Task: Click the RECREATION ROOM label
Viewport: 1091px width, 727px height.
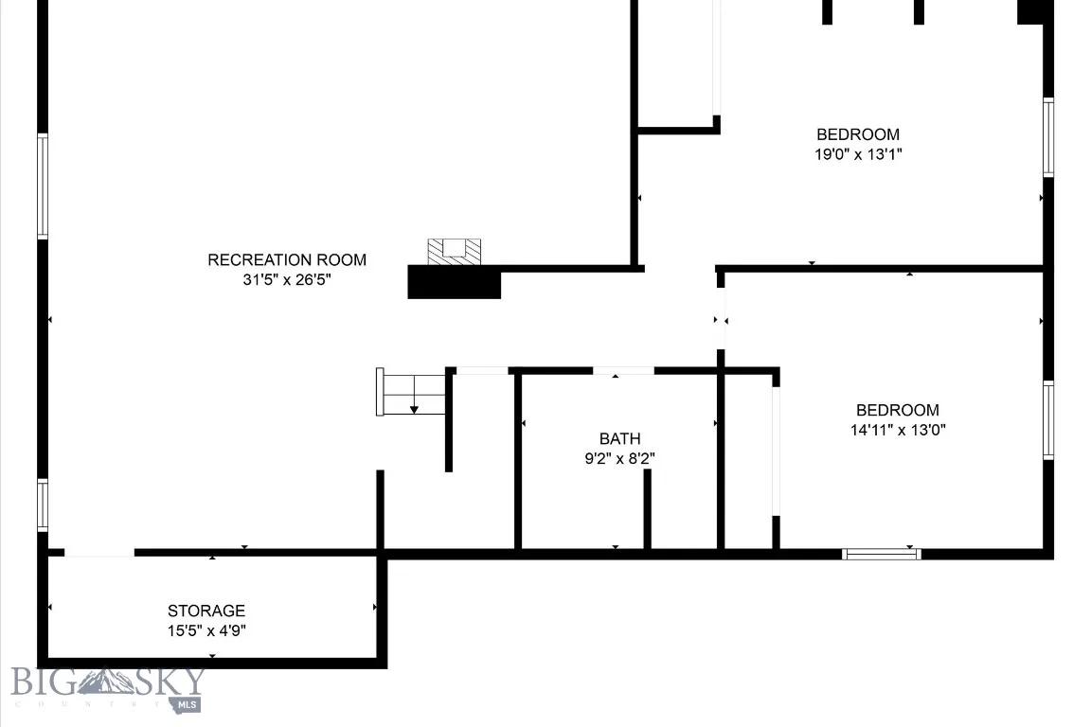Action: tap(287, 259)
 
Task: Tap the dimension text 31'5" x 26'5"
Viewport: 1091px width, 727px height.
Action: tap(287, 280)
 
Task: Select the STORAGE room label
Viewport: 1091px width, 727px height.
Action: tap(206, 611)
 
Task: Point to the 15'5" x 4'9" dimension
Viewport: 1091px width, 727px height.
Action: tap(206, 630)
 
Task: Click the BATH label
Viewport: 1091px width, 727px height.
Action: tap(619, 438)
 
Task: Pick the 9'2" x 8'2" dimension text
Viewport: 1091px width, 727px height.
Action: tap(619, 458)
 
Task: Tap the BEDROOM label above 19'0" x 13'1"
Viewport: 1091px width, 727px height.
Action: tap(858, 134)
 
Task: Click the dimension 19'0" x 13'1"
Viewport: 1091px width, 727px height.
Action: tap(858, 154)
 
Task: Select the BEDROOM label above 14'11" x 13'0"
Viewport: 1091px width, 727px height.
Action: tap(898, 410)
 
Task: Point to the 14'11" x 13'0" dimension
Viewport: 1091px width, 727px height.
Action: tap(898, 430)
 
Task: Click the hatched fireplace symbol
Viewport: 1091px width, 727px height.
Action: tap(455, 251)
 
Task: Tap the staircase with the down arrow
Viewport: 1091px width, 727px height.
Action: tap(413, 392)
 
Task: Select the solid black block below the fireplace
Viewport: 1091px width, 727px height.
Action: tap(454, 282)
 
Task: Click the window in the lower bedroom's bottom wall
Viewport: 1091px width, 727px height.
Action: tap(881, 554)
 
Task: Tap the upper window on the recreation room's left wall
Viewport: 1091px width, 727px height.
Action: tap(43, 186)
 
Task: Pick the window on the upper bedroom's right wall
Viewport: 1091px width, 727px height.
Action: tap(1048, 137)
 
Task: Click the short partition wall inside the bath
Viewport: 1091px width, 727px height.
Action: tap(648, 508)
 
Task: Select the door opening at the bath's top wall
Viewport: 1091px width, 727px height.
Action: tap(623, 370)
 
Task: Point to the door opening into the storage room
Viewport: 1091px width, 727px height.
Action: tap(99, 553)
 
